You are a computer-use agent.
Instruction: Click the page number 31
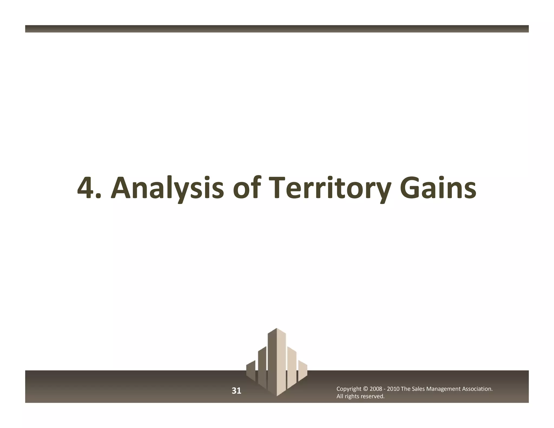[236, 391]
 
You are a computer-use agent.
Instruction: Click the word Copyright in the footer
[349, 389]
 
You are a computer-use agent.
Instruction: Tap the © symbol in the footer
[365, 389]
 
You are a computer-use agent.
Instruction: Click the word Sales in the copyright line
[418, 389]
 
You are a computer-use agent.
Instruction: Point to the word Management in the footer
[443, 389]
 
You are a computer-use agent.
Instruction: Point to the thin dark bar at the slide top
[277, 29]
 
